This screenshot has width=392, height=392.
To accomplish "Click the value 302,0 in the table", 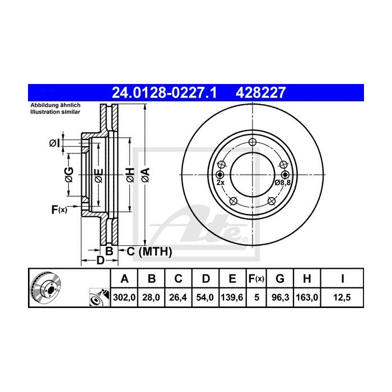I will pyautogui.click(x=125, y=298).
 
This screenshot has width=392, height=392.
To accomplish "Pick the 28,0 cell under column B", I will pyautogui.click(x=151, y=298).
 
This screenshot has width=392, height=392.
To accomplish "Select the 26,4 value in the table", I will pyautogui.click(x=178, y=298).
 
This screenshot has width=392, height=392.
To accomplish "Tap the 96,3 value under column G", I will pyautogui.click(x=281, y=298).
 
